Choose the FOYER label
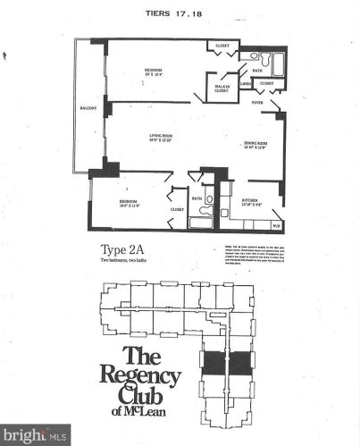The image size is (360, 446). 257,104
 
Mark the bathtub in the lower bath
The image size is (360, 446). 203,222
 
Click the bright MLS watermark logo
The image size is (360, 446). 36,435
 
